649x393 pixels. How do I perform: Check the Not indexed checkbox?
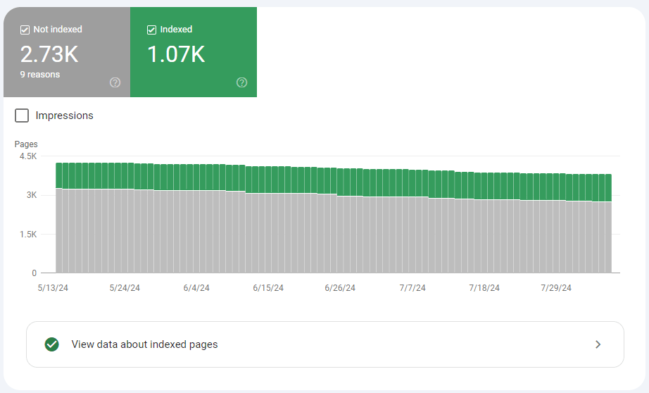(25, 30)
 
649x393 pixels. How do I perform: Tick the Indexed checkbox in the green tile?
(151, 30)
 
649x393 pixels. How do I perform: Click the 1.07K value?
(175, 54)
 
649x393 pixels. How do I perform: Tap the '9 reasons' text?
(39, 75)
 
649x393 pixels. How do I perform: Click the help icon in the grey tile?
(115, 82)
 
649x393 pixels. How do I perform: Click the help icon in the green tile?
(242, 82)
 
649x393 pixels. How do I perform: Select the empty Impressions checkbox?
(22, 116)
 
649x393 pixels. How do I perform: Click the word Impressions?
(64, 116)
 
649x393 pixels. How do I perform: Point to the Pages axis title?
(26, 144)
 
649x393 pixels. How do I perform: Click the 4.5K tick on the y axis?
(28, 156)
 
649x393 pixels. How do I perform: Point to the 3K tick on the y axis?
(32, 195)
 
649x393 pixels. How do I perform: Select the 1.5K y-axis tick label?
(28, 234)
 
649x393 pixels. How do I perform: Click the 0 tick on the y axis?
(34, 273)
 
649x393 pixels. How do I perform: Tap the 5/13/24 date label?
(52, 288)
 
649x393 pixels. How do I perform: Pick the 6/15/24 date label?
(268, 288)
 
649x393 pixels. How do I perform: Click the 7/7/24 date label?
(412, 288)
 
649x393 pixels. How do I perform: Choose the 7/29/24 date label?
(556, 288)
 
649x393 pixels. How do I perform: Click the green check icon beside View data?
(51, 344)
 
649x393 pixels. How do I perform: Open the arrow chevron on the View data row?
(598, 344)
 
